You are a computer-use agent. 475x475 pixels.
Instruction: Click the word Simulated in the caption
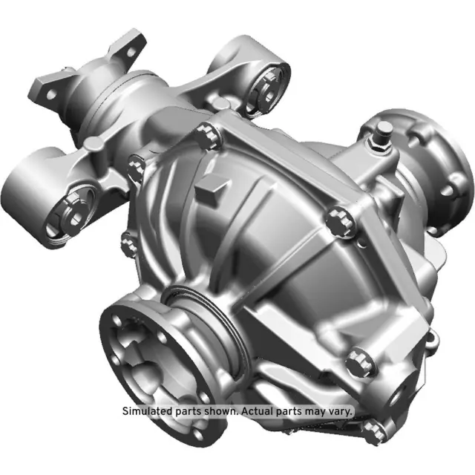pyautogui.click(x=145, y=410)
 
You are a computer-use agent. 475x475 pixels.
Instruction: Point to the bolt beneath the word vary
pyautogui.click(x=376, y=428)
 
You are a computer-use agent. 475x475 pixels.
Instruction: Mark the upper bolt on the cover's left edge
pyautogui.click(x=135, y=169)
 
